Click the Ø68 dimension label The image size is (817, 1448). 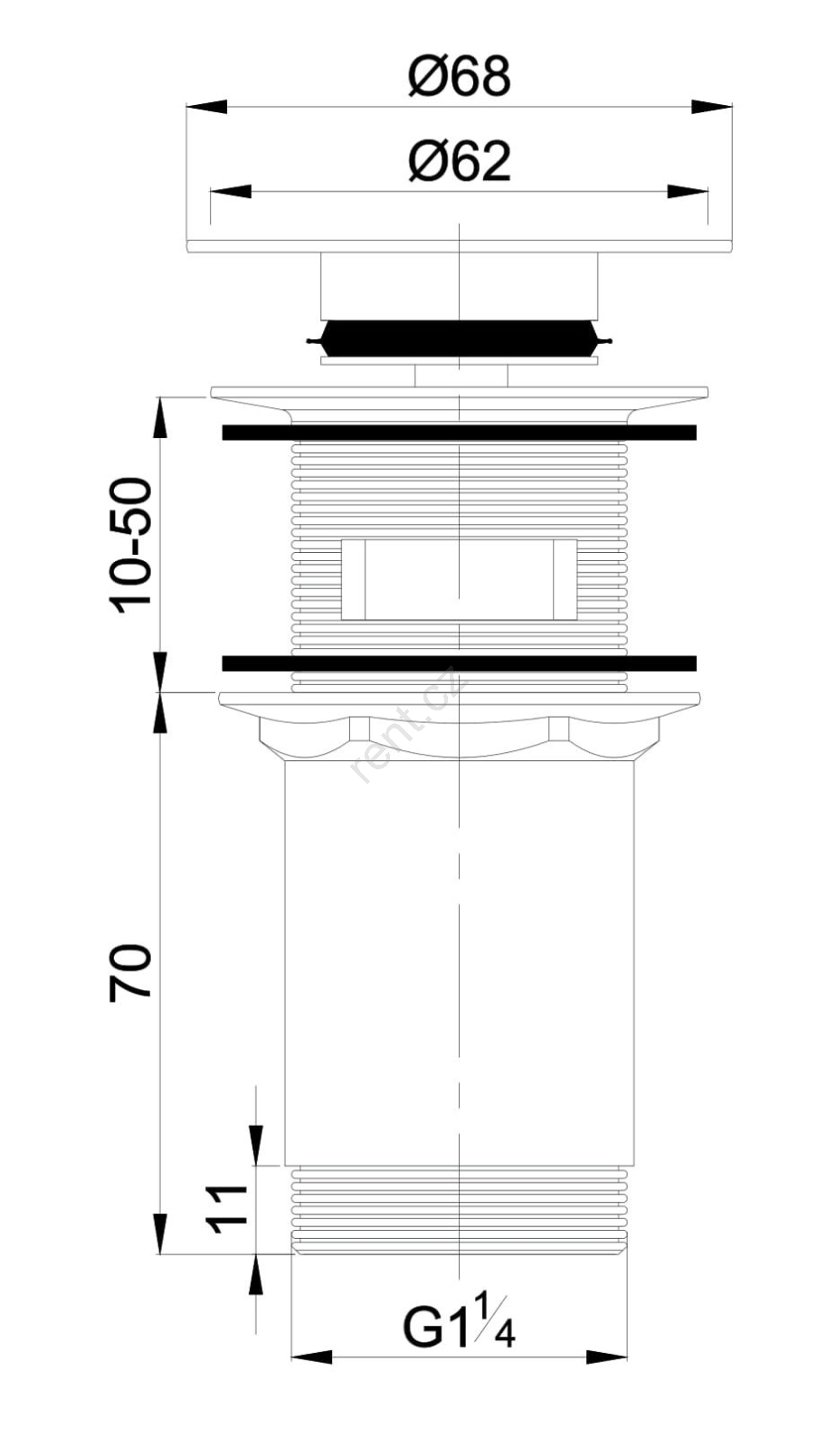(x=459, y=77)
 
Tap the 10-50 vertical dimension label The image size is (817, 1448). (x=131, y=546)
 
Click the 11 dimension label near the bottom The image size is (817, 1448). (x=226, y=1209)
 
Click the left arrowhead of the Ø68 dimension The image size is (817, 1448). (x=207, y=108)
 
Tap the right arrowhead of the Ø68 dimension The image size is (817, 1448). (x=712, y=108)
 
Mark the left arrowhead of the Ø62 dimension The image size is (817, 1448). (x=231, y=192)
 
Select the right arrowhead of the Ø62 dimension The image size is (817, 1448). (x=688, y=192)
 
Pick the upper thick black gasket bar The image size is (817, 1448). (x=459, y=433)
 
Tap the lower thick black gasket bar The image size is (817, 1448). (x=459, y=663)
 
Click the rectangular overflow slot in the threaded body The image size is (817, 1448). (x=459, y=579)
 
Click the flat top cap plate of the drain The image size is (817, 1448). (x=460, y=246)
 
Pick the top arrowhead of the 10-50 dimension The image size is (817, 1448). (x=159, y=417)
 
